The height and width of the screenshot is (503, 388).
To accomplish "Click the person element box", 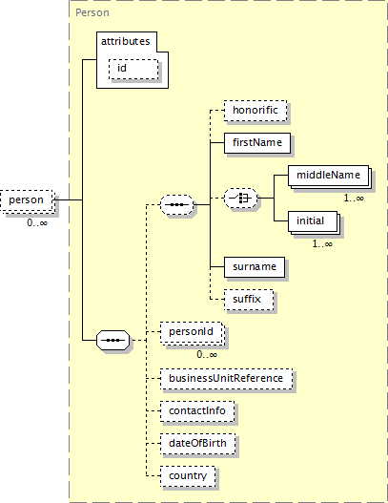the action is [x=27, y=200].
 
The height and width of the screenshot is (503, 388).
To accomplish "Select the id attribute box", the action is [x=133, y=69].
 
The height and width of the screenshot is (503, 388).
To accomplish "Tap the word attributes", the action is [x=125, y=41].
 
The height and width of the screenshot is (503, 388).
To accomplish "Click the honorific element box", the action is [x=255, y=111].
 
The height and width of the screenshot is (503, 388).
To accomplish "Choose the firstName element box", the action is [x=257, y=143].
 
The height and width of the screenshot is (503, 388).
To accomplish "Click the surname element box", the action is [x=255, y=267].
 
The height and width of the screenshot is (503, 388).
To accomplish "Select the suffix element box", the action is [x=249, y=300].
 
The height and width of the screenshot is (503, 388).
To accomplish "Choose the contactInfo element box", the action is [x=197, y=411].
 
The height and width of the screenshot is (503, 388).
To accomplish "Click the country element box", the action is [x=188, y=476].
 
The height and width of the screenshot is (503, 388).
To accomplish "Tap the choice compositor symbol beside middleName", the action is [x=240, y=199].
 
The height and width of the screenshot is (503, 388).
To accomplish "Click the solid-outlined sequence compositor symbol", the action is [x=112, y=340].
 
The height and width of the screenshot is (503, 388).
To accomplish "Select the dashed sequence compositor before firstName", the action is [x=177, y=204].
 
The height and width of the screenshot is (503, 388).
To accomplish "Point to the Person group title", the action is [x=92, y=12].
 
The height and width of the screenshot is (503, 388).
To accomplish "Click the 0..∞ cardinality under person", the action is [x=37, y=222].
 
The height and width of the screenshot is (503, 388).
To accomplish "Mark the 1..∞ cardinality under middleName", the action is [x=354, y=198].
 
